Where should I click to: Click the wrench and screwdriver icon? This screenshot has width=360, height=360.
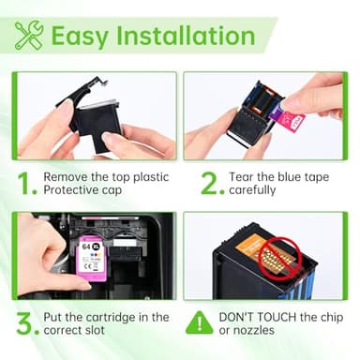tap(29, 36)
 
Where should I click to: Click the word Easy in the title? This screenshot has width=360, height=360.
tap(80, 36)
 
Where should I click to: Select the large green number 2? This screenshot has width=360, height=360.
tap(211, 182)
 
